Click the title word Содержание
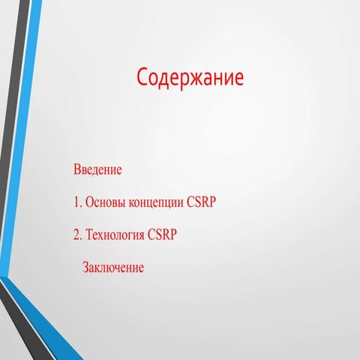coord(190,78)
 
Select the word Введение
coord(97,169)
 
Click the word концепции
coord(157,203)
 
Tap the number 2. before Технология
coord(78,235)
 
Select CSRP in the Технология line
coord(162,235)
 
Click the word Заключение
coord(112,267)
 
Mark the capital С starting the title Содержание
coord(143,78)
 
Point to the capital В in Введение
coord(77,169)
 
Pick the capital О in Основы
coord(90,202)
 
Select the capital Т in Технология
coord(88,235)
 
